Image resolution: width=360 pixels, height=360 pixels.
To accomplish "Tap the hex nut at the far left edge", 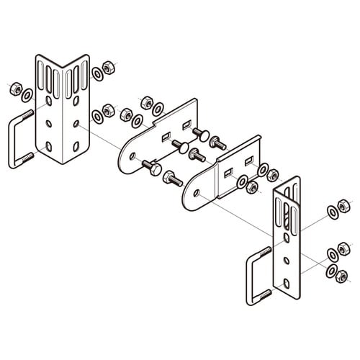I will (x=13, y=89).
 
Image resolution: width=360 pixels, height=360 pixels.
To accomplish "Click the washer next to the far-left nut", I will (x=26, y=95).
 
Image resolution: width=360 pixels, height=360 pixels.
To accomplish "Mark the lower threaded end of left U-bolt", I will (x=27, y=158).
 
